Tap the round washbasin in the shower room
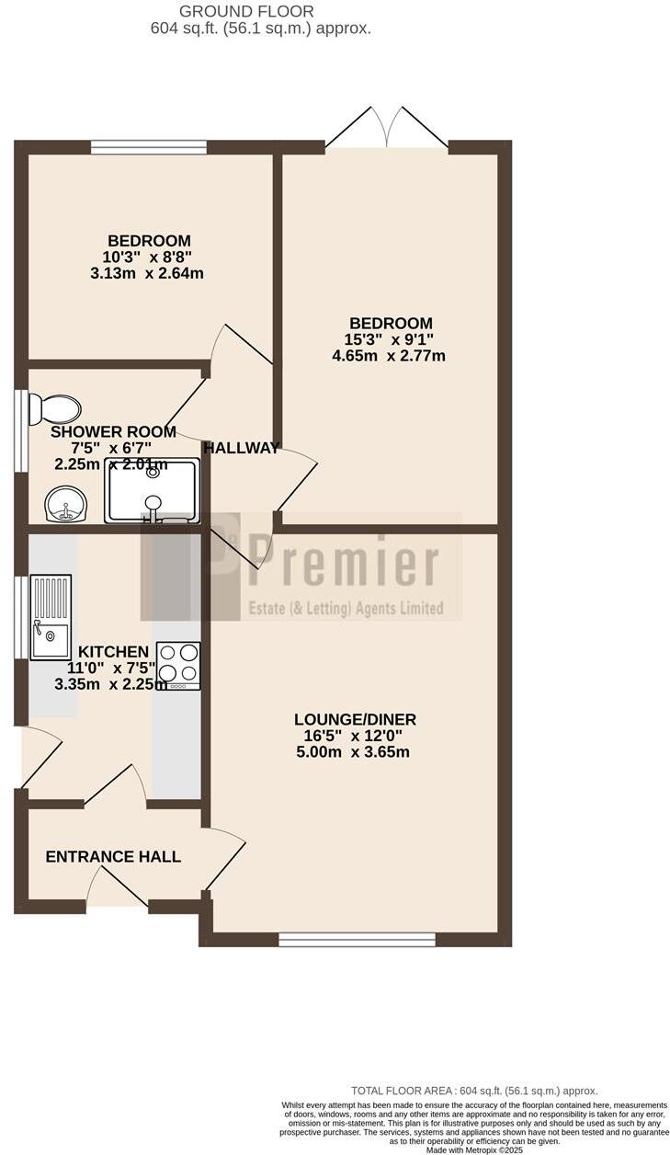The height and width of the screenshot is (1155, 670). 65,504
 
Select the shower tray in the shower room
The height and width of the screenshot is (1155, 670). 153,491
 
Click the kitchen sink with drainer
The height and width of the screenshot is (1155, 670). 51,616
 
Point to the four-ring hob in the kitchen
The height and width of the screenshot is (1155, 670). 179,665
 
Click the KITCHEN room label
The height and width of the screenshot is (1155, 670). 113,652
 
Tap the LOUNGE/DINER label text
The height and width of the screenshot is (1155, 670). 348,719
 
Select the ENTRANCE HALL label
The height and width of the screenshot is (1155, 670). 113,857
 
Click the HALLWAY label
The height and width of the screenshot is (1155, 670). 241,449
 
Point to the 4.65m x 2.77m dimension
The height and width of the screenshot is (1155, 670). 388,355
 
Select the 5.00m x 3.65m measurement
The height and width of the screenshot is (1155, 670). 351,751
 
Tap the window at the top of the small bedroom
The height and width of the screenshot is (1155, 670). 149,147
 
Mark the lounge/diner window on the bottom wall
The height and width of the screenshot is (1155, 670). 357,939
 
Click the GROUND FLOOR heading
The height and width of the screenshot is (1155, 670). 246,12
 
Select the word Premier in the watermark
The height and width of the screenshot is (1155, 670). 345,563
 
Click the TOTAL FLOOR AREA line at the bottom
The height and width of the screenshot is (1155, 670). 474,1090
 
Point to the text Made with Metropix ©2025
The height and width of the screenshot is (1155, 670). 474,1149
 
